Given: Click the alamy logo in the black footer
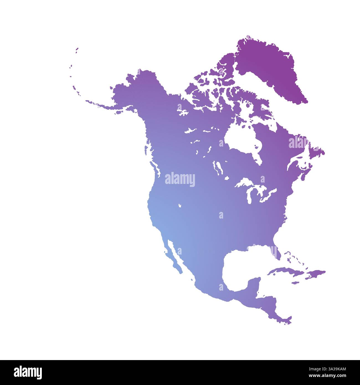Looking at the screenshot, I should [x=28, y=372].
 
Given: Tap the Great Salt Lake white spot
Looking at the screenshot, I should [x=180, y=206].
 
